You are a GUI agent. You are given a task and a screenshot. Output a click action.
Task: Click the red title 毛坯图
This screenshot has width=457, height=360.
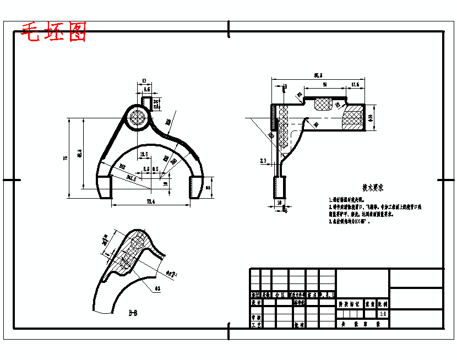pyautogui.click(x=53, y=32)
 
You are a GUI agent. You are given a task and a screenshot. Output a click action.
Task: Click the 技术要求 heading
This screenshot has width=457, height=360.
pyautogui.click(x=373, y=187)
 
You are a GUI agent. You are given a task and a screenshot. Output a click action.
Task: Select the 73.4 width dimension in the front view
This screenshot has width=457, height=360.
pyautogui.click(x=150, y=202)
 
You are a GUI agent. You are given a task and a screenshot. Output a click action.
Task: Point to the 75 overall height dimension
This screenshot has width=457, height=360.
pyautogui.click(x=66, y=157)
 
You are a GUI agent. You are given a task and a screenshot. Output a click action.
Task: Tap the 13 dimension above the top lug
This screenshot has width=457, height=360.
pyautogui.click(x=144, y=80)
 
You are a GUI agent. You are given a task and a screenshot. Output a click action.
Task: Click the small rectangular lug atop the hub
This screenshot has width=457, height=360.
pyautogui.click(x=147, y=102)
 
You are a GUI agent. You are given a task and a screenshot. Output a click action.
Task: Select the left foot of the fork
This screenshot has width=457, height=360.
pyautogui.click(x=104, y=186)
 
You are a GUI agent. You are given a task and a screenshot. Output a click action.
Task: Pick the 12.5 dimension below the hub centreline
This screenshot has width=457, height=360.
pyautogui.click(x=144, y=155)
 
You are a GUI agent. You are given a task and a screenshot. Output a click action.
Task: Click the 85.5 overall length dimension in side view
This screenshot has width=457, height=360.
pyautogui.click(x=318, y=75)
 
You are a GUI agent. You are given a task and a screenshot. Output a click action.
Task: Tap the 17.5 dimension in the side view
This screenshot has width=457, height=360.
pyautogui.click(x=355, y=85)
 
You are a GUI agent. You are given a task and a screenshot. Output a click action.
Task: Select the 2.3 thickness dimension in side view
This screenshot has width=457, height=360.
pyautogui.click(x=263, y=161)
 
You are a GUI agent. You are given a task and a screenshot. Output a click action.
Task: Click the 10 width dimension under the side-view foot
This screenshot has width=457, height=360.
pyautogui.click(x=279, y=203)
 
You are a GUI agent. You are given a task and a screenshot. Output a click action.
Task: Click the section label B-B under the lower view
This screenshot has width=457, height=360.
pyautogui.click(x=133, y=313)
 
